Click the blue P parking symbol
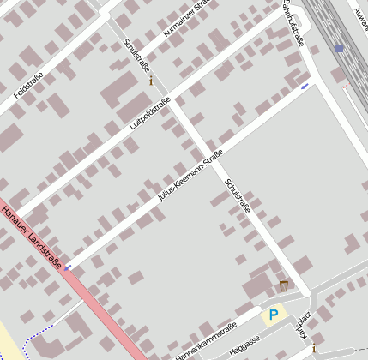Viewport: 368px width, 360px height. pos(274,315)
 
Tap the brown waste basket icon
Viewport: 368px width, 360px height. pos(284,285)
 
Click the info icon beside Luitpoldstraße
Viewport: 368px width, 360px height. pos(152,81)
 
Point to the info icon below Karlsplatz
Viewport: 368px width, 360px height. pos(313,348)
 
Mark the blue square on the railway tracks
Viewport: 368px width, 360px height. pos(340,49)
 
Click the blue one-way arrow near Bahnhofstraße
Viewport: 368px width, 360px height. pos(305,86)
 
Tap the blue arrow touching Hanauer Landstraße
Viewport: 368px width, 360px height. pos(69,267)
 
